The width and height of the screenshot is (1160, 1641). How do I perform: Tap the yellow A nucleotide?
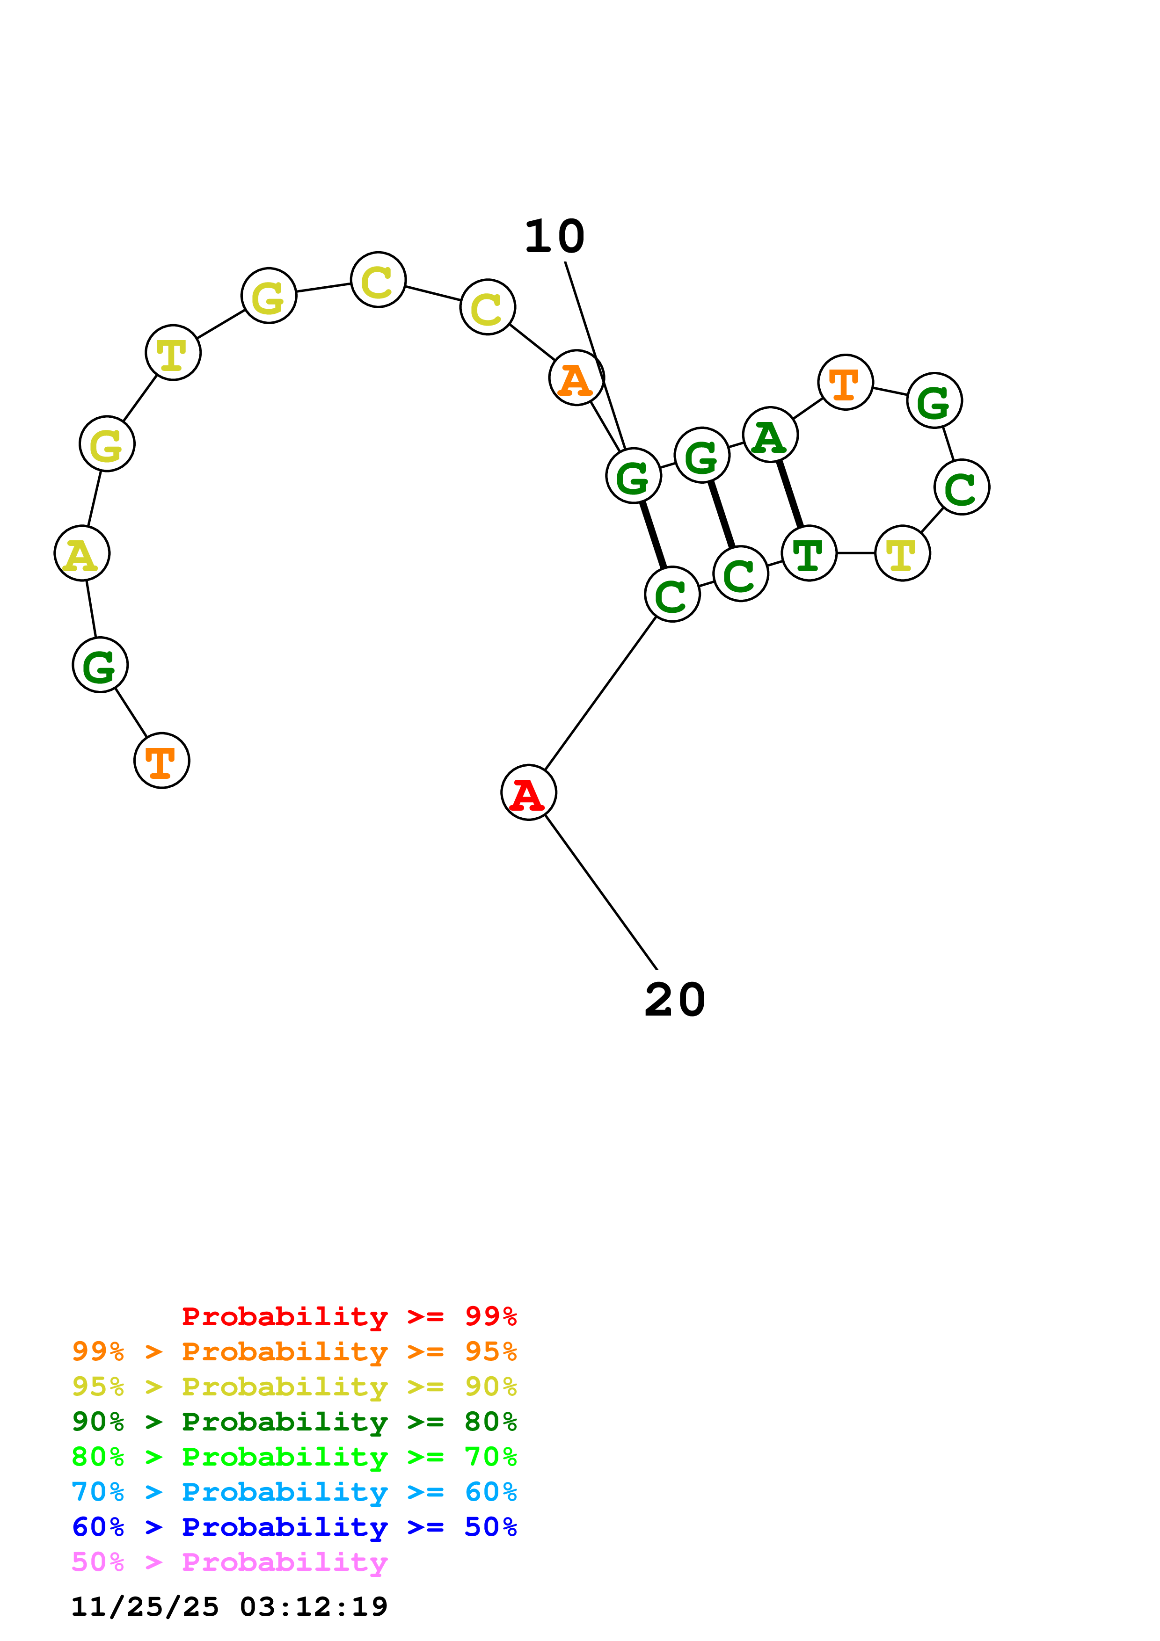(x=82, y=554)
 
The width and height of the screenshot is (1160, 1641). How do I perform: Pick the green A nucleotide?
(x=770, y=435)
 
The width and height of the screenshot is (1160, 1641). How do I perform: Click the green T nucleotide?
(x=809, y=553)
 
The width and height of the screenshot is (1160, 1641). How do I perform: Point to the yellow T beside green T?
(x=903, y=553)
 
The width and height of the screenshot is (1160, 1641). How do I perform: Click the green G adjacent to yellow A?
(x=100, y=665)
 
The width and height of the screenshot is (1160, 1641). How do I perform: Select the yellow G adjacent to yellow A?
(x=107, y=444)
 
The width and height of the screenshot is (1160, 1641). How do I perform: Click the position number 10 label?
(x=554, y=237)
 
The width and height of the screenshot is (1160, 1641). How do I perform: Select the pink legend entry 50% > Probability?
(x=229, y=1562)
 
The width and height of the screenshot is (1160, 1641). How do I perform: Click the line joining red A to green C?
(x=600, y=693)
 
